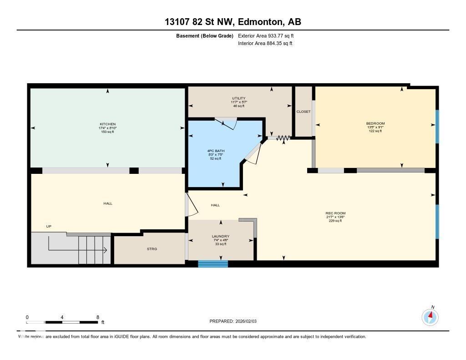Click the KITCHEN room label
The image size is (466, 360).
108,124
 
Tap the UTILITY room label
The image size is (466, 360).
238,98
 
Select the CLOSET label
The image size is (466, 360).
303,112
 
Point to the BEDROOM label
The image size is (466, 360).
375,123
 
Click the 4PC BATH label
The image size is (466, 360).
216,151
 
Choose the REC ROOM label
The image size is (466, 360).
335,213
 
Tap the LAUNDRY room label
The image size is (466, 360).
221,236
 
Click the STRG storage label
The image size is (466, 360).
152,249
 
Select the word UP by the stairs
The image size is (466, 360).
49,226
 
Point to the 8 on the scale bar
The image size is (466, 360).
98,317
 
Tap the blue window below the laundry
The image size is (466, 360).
213,264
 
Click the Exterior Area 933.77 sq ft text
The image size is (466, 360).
269,35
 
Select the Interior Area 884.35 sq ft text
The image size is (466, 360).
265,44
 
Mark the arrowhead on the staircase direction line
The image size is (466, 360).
105,250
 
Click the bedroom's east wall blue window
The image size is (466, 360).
437,127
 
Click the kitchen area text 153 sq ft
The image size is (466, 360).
108,132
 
